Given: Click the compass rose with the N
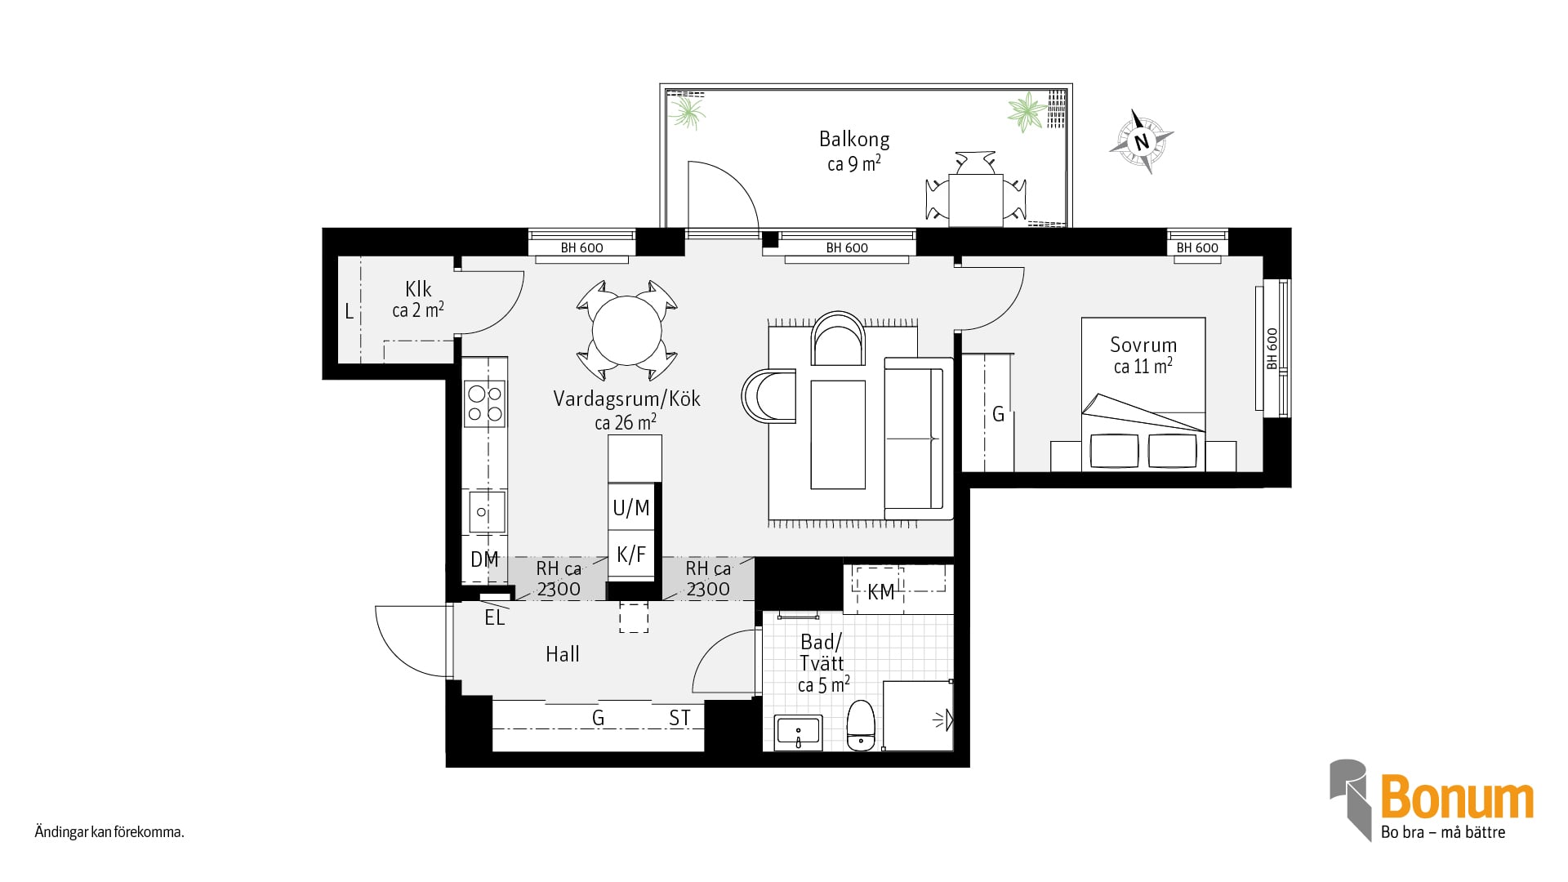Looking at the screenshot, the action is (1142, 141).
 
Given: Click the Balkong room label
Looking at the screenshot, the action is (854, 140).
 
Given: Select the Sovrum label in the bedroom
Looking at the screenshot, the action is (1143, 345).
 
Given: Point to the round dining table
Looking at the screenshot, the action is (626, 331).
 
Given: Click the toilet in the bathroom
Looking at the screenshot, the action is (861, 725).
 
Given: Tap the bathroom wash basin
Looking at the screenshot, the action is (798, 733).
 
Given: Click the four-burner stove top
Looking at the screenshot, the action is (484, 404).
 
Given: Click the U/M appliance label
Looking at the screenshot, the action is (631, 508).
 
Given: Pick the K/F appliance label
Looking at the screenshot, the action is (631, 555).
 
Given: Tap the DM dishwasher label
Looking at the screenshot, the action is (484, 559).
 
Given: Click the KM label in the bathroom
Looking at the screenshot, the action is (881, 592).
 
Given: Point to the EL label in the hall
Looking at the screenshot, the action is (495, 618).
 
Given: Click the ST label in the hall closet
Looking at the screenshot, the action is (679, 718).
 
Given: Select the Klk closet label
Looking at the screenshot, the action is (418, 289).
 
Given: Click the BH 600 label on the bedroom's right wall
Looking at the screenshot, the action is (1272, 349).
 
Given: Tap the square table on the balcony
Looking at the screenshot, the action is (975, 200).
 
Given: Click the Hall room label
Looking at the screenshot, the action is (563, 654).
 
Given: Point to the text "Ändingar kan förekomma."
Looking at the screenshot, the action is (109, 833).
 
